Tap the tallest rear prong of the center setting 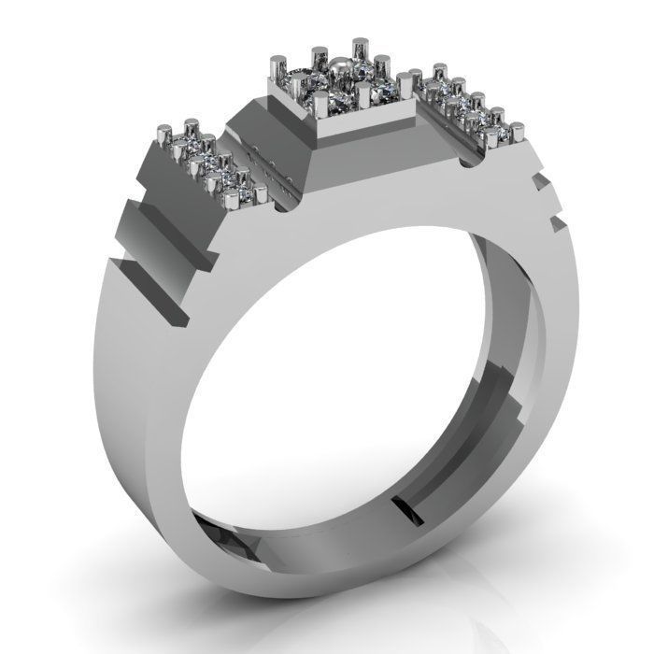360,51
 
